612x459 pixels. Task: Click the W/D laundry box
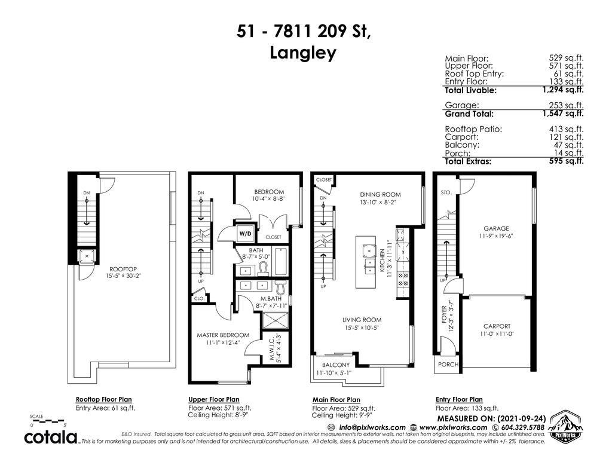pyautogui.click(x=245, y=233)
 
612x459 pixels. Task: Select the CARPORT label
pyautogui.click(x=497, y=326)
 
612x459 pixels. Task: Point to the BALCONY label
pyautogui.click(x=335, y=365)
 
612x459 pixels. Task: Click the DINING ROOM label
pyautogui.click(x=380, y=194)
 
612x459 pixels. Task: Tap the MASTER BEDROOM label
pyautogui.click(x=223, y=335)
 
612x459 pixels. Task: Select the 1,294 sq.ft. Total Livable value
pyautogui.click(x=562, y=90)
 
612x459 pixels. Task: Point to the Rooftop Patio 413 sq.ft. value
pyautogui.click(x=566, y=128)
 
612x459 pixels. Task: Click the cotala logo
pyautogui.click(x=51, y=437)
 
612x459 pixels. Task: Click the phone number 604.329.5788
pyautogui.click(x=519, y=427)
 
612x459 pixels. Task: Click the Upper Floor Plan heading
pyautogui.click(x=213, y=399)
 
